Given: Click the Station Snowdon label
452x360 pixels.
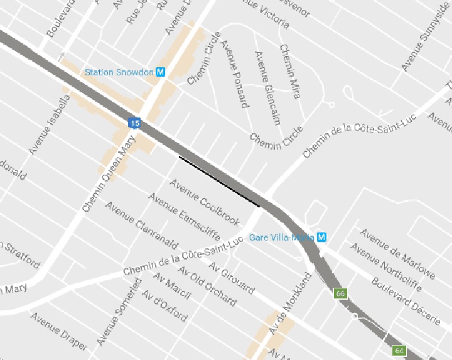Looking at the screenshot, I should (x=119, y=72).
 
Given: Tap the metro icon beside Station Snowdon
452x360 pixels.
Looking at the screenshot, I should (x=161, y=72).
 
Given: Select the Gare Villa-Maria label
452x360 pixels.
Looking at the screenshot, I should (x=282, y=237).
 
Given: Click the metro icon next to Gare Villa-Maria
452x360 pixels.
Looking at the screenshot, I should (x=322, y=237).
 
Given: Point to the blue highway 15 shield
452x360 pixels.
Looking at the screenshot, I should (x=134, y=123).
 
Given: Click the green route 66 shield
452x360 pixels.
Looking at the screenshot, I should (x=341, y=293).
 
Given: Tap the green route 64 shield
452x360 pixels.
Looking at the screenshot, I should (x=398, y=350).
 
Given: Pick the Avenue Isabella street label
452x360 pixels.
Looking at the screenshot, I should (x=49, y=125).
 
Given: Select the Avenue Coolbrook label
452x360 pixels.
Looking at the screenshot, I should (x=205, y=203).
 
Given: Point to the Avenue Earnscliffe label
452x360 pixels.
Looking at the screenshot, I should (x=185, y=217).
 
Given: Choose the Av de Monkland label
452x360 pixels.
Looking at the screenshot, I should (x=289, y=305).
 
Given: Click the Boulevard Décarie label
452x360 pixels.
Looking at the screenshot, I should (x=406, y=300).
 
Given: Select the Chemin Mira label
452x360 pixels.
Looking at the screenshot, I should (x=289, y=71).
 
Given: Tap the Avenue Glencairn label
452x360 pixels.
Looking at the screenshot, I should (x=267, y=87).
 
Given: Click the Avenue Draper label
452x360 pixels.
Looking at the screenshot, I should (x=59, y=331).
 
